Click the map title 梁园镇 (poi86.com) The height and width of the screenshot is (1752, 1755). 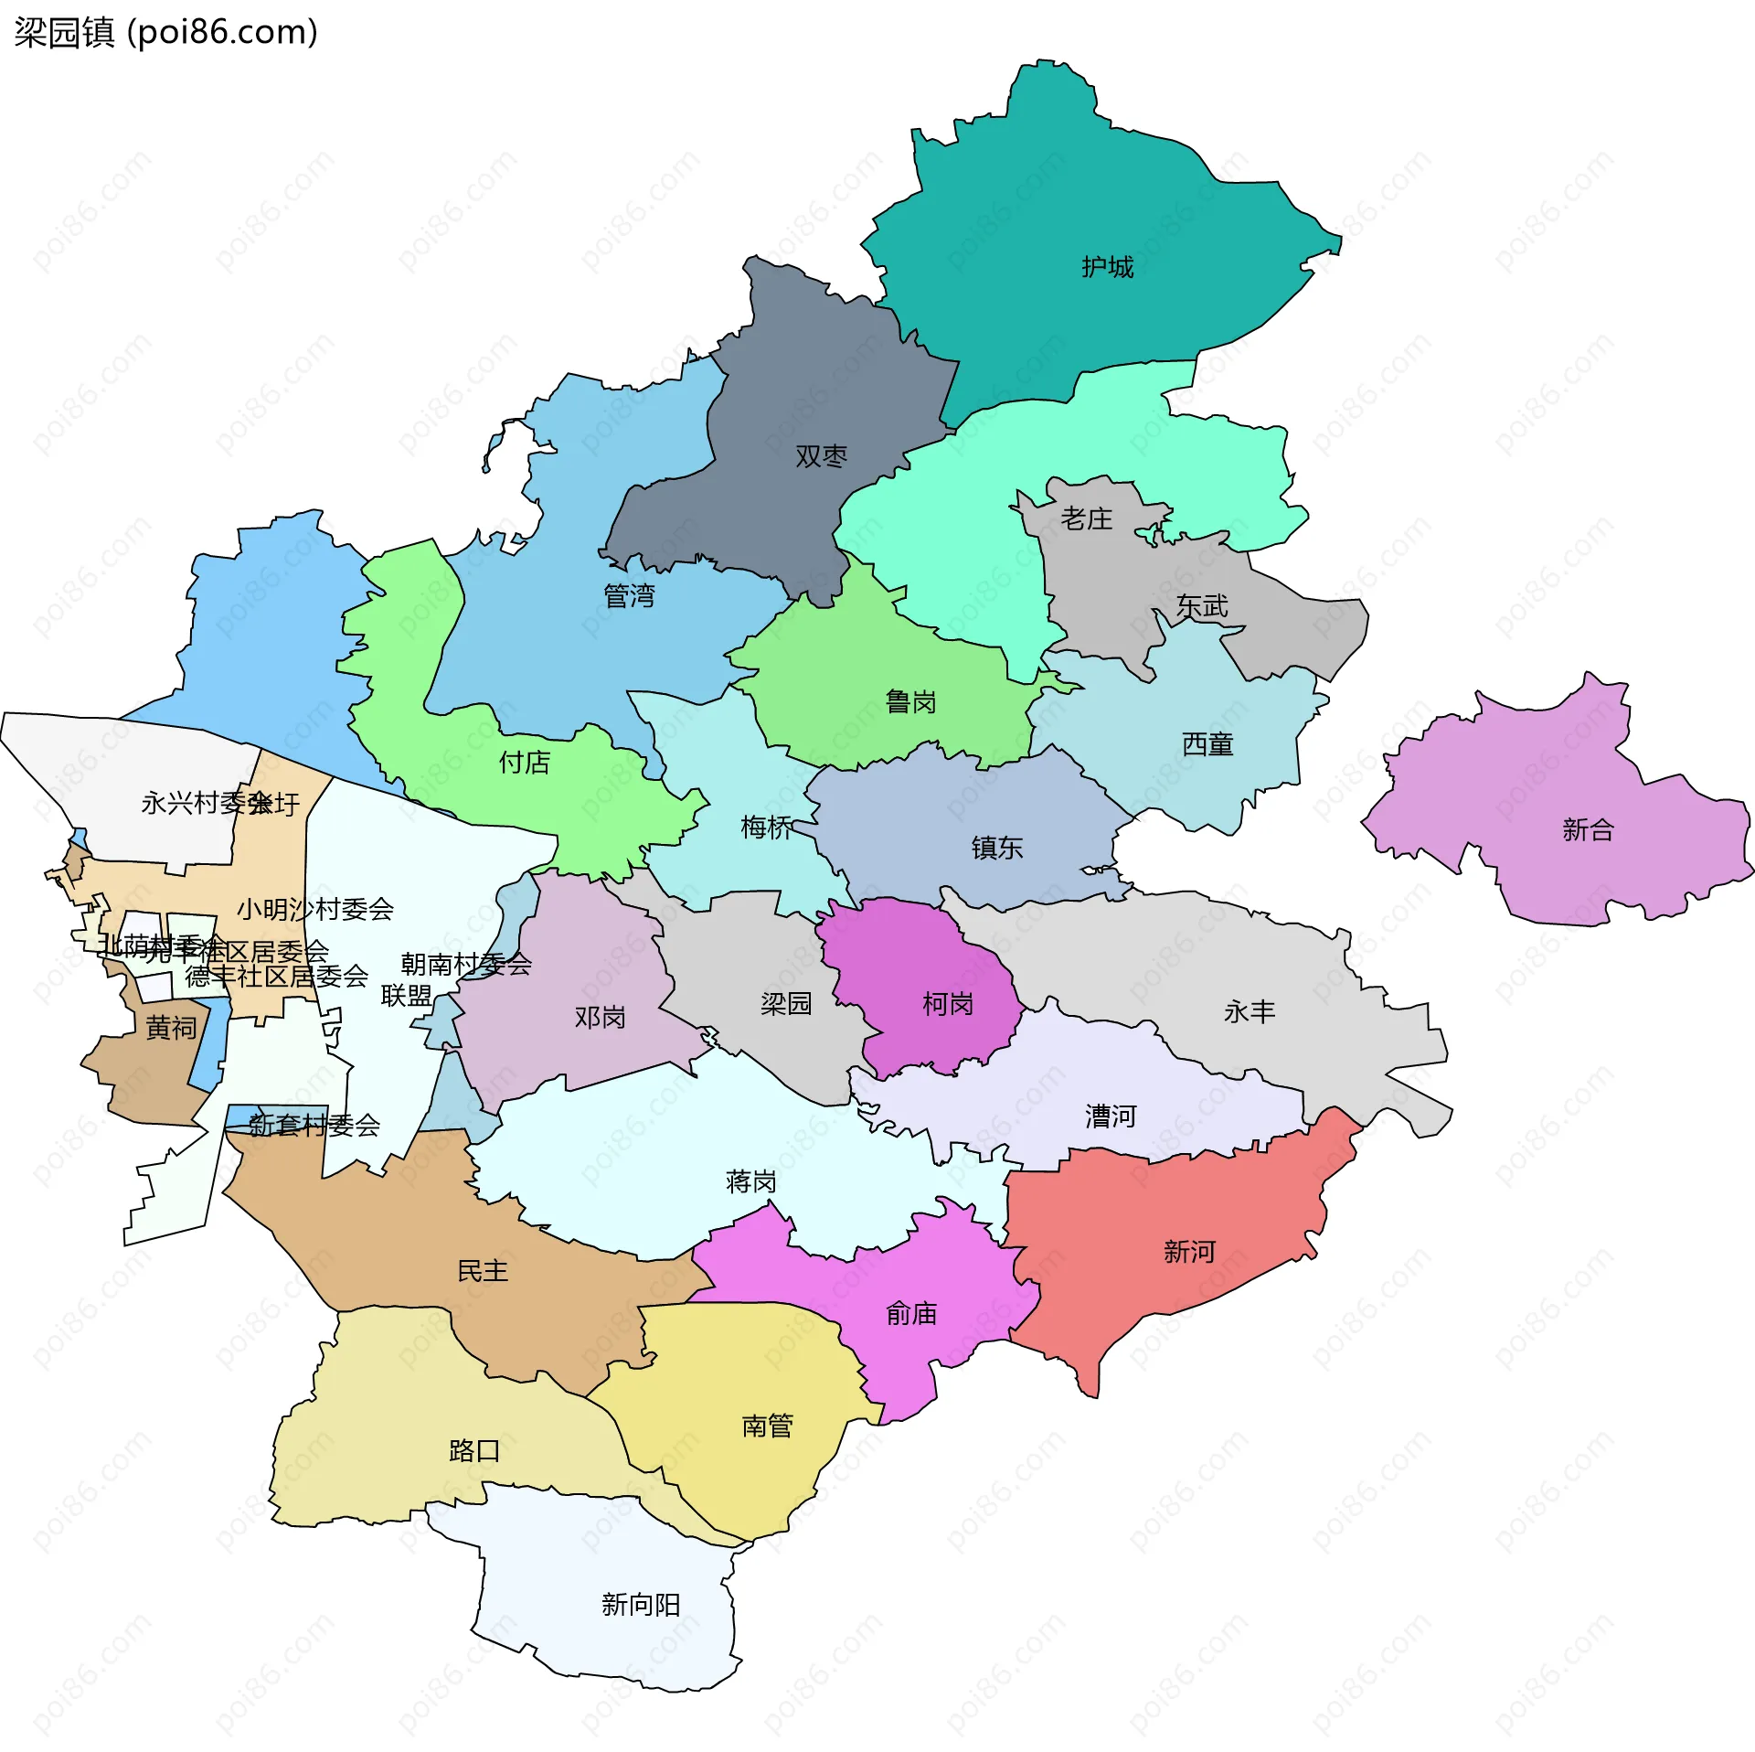(165, 33)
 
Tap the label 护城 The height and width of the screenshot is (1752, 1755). (1107, 267)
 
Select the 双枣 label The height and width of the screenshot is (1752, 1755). (821, 456)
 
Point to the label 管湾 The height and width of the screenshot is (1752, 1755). (629, 596)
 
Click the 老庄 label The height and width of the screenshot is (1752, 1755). (1086, 519)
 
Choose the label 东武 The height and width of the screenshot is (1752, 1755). (1202, 606)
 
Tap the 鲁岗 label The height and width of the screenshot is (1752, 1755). (910, 702)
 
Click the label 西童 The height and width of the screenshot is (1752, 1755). (1207, 745)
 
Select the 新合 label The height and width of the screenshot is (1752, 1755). (1588, 830)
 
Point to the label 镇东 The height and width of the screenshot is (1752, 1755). (996, 849)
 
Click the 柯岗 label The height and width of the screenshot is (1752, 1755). (947, 1005)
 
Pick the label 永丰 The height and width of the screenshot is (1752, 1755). (1249, 1012)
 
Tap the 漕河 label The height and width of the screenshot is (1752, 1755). (1110, 1116)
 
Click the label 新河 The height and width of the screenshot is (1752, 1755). (1189, 1252)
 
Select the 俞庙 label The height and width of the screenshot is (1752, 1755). (911, 1315)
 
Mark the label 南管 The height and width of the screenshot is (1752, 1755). (767, 1426)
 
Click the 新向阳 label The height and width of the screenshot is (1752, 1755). (640, 1605)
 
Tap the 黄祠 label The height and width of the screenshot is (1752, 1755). (171, 1029)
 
